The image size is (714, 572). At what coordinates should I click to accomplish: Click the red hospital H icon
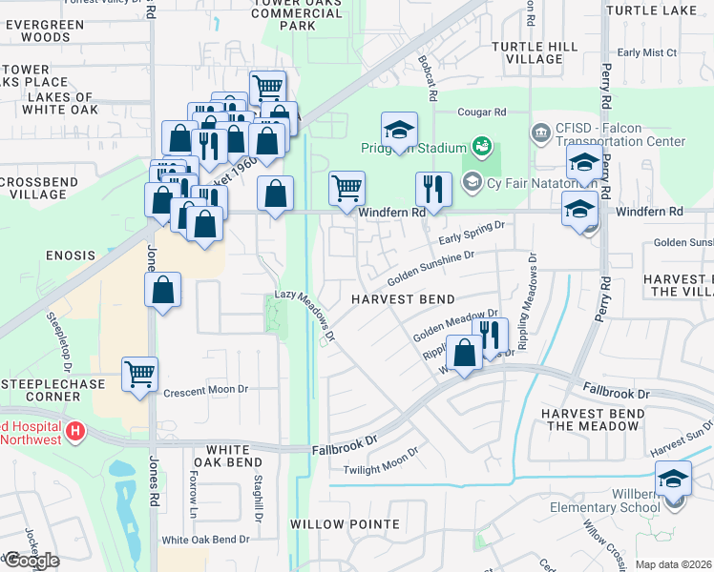[75, 432]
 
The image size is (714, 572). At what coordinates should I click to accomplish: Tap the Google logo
[31, 561]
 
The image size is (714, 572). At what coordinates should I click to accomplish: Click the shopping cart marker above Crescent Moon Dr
[139, 374]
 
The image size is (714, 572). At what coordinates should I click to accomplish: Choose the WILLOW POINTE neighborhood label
[345, 524]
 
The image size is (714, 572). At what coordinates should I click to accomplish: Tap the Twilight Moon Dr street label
[382, 463]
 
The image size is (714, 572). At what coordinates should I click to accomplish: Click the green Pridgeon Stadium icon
[483, 147]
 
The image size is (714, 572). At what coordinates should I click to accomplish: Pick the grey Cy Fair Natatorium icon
[472, 181]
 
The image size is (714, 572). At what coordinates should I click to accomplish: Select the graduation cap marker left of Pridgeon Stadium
[399, 131]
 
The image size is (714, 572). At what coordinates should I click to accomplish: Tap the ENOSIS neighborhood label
[70, 255]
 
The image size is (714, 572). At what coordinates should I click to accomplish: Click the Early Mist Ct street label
[647, 53]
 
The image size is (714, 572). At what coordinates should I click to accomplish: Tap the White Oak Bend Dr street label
[204, 540]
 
